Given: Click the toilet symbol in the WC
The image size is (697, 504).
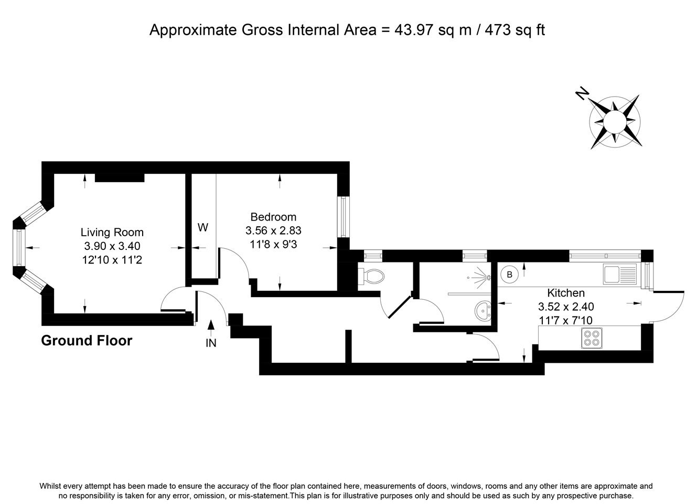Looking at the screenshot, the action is [371, 277].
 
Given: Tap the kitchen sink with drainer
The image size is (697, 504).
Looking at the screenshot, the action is [620, 274].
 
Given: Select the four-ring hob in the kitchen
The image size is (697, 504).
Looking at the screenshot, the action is [592, 338].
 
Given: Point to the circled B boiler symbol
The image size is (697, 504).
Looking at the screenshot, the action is [509, 275].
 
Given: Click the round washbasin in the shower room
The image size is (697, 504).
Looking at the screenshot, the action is [483, 311].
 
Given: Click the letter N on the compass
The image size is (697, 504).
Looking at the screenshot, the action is [582, 93].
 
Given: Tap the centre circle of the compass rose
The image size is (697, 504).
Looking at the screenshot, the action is [615, 121].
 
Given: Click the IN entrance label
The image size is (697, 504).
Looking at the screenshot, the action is [211, 343].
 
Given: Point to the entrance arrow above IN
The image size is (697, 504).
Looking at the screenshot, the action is [211, 328].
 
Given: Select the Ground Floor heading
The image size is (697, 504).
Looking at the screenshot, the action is [87, 341].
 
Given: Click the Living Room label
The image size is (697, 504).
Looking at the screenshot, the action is [112, 232].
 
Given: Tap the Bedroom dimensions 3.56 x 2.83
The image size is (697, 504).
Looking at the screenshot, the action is [273, 230].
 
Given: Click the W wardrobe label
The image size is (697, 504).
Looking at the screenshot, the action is [203, 227].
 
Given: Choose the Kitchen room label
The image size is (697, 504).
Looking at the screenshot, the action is [566, 293].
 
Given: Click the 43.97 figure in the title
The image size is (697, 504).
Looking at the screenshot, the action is [414, 30].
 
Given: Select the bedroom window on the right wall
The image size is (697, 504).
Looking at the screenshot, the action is [344, 217].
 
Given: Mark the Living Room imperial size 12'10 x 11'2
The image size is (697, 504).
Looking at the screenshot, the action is [112, 259].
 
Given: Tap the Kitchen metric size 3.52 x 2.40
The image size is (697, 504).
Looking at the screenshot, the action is [566, 307].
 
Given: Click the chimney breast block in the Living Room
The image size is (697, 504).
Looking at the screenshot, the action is [120, 177].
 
